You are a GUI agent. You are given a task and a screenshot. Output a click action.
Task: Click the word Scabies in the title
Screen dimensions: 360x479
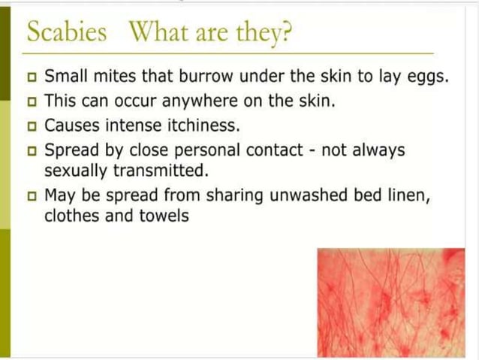[x=66, y=32]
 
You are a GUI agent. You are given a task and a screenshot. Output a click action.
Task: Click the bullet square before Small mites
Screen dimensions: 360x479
[x=32, y=77]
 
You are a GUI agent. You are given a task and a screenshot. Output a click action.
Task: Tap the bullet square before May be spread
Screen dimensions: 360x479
[x=32, y=196]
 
